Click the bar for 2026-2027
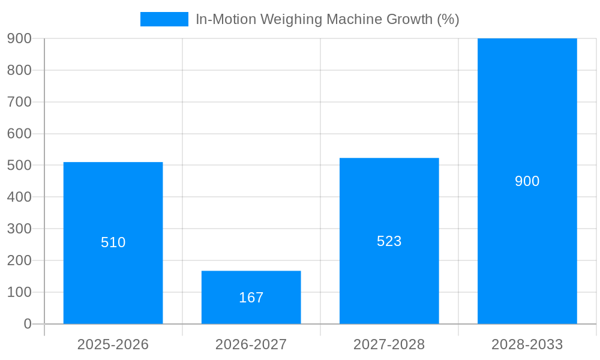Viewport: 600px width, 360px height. (x=251, y=282)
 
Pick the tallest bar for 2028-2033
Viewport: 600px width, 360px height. (x=527, y=120)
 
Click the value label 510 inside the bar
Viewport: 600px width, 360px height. (x=113, y=242)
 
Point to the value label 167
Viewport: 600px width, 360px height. (x=251, y=298)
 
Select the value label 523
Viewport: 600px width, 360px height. (x=389, y=241)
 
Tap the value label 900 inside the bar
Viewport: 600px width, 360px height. (x=527, y=181)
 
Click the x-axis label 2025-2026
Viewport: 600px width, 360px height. (x=113, y=344)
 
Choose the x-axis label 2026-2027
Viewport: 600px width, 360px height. (x=251, y=344)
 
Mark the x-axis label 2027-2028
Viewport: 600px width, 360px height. (x=389, y=344)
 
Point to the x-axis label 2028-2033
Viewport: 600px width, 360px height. (x=527, y=344)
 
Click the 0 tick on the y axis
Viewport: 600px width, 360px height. (x=28, y=324)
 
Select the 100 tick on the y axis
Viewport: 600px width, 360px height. (x=19, y=292)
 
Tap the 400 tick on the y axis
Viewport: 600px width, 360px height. (x=19, y=197)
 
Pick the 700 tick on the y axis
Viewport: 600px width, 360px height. (x=19, y=102)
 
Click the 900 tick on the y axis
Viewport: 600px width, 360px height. (x=19, y=38)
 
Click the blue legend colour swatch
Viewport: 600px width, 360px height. (x=164, y=19)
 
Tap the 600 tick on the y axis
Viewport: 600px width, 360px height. (x=19, y=134)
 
